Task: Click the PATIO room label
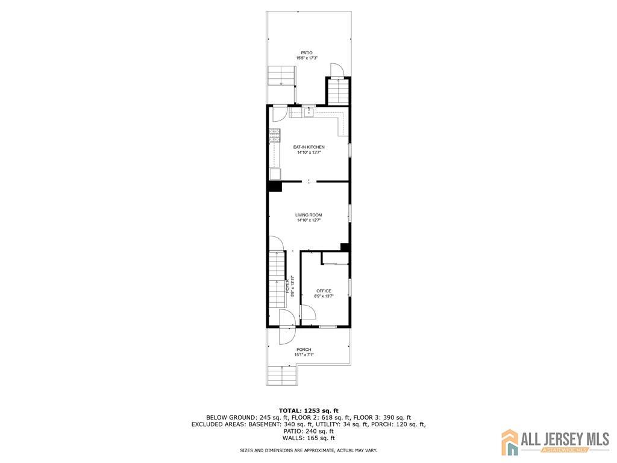pos(307,52)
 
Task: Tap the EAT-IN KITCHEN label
pos(308,147)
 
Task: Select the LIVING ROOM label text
pos(308,215)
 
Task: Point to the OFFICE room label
pos(324,291)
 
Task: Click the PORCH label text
pos(304,350)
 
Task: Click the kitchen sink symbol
pos(308,112)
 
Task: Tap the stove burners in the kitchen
pos(275,136)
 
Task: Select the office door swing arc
pos(308,312)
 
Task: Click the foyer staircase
pos(277,283)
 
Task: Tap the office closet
pos(335,259)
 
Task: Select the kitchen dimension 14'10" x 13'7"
pos(308,153)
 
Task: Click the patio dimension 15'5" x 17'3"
pos(307,58)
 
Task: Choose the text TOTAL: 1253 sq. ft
pos(308,409)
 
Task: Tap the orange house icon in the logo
pos(510,441)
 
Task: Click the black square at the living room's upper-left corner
pos(275,187)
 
